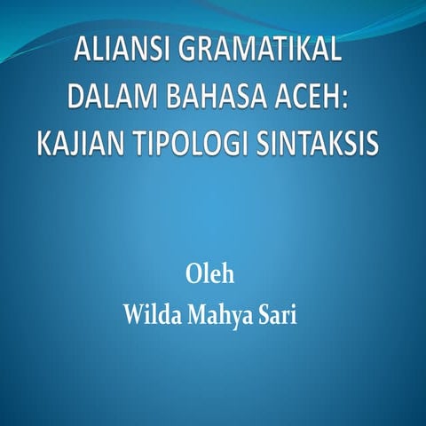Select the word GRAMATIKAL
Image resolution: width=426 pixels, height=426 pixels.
(x=261, y=52)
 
